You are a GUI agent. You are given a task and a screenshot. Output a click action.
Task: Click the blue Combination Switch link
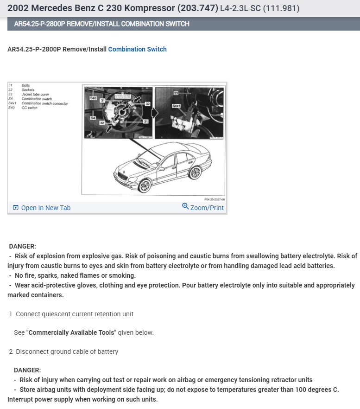(137, 49)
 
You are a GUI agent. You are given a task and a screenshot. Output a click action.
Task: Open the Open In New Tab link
(45, 208)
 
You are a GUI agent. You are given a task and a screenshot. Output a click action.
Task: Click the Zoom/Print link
(207, 208)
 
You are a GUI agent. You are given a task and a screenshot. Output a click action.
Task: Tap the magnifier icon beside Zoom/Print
(185, 206)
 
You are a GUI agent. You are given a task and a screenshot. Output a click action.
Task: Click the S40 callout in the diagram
(93, 98)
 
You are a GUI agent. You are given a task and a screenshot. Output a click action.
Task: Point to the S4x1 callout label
(176, 106)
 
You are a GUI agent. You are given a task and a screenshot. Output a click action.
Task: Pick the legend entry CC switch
(30, 108)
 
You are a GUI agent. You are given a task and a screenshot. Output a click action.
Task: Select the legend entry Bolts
(25, 85)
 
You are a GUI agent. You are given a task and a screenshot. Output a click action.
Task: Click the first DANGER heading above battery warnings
(22, 246)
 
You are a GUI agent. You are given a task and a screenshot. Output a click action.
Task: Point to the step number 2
(11, 351)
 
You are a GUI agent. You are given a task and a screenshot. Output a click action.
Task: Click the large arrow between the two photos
(154, 113)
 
